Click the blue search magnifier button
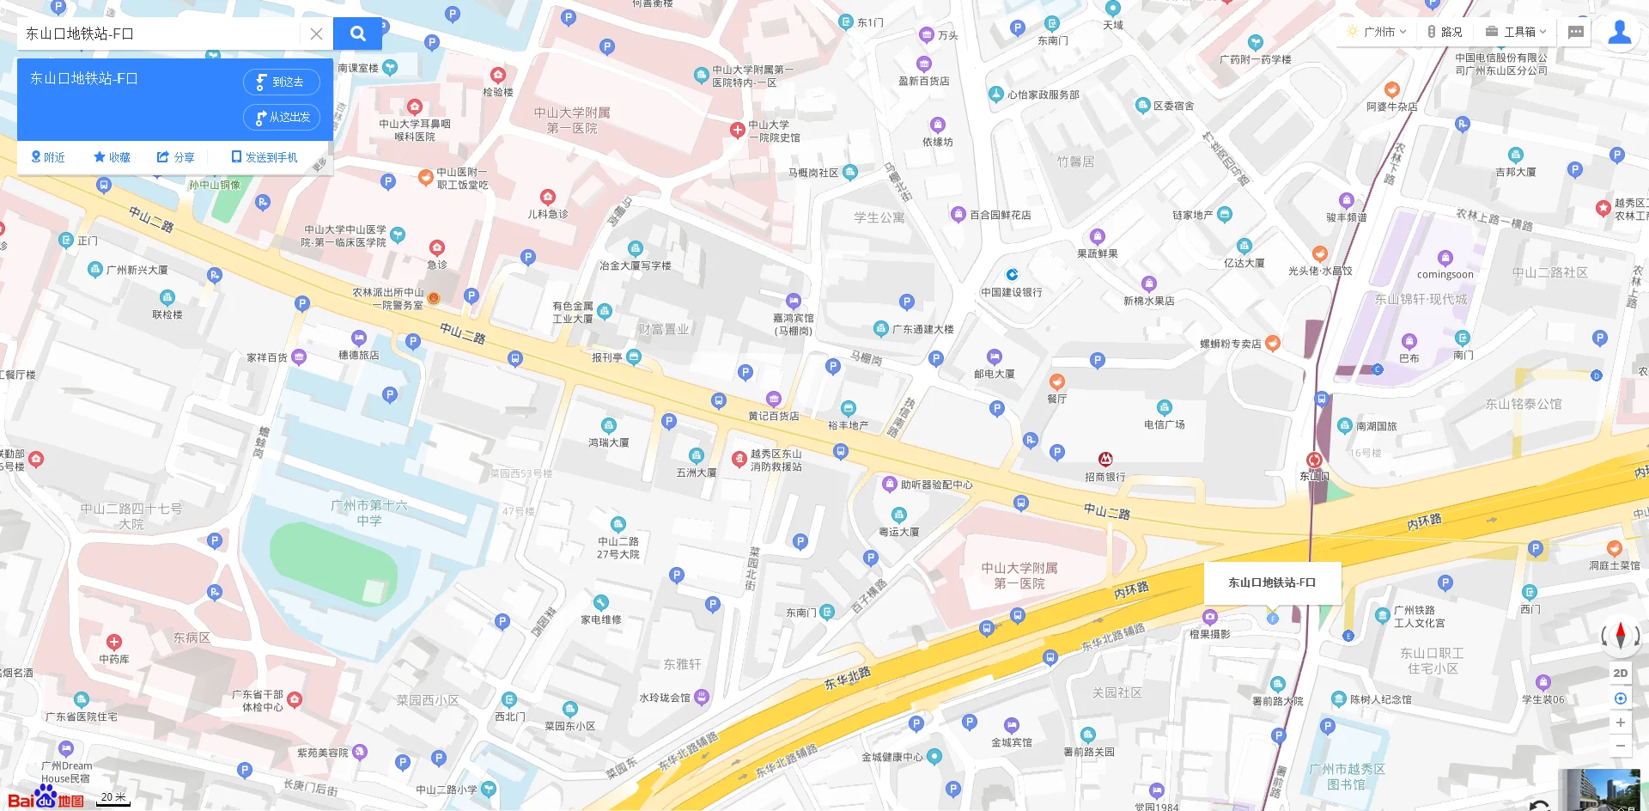click(x=357, y=34)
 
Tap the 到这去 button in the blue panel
click(x=282, y=82)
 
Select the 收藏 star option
click(x=112, y=157)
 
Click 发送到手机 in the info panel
click(x=265, y=157)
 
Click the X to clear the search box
click(x=316, y=34)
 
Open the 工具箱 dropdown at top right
click(x=1516, y=32)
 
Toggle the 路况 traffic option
click(x=1445, y=32)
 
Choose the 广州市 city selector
click(x=1378, y=32)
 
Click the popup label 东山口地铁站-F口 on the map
click(x=1271, y=582)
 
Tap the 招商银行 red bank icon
click(x=1105, y=460)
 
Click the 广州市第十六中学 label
click(x=369, y=513)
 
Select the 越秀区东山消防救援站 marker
click(x=739, y=459)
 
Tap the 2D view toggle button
click(x=1620, y=674)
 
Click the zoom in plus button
click(x=1620, y=723)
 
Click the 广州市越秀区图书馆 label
click(x=1347, y=777)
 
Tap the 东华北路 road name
click(x=847, y=679)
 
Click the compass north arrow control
click(x=1620, y=636)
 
